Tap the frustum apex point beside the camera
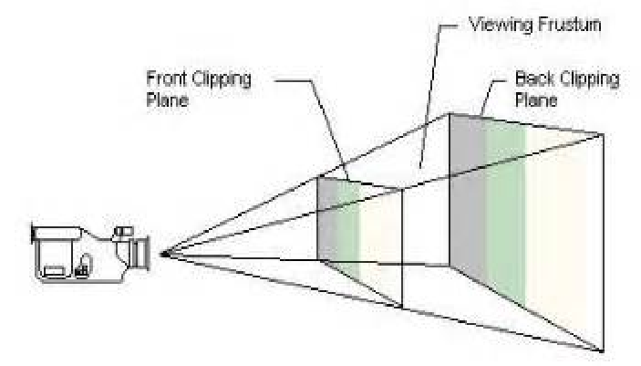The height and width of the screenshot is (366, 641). tap(161, 255)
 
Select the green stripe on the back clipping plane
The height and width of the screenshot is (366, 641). tap(504, 210)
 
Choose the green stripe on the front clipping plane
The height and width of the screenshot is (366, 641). tap(348, 228)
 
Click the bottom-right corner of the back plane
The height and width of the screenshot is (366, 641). tap(603, 350)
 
